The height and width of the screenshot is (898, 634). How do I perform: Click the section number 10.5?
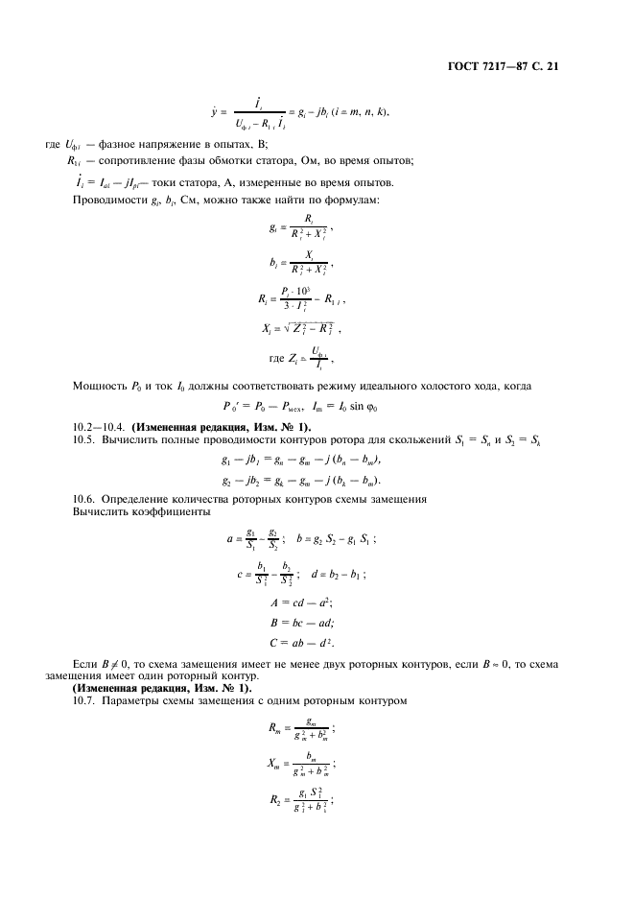tap(86, 439)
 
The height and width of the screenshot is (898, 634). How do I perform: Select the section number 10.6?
tap(86, 501)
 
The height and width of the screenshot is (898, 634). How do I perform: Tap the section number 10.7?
tap(86, 700)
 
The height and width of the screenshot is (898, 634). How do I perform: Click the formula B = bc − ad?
tap(302, 622)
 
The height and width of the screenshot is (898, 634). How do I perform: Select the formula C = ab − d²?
tap(302, 642)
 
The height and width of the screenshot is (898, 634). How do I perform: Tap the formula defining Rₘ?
tap(300, 730)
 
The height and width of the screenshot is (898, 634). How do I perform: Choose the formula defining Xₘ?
tap(300, 766)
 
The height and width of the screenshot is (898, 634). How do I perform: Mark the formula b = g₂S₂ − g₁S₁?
tap(336, 539)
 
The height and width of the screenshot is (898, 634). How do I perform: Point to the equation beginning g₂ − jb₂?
tap(300, 480)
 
